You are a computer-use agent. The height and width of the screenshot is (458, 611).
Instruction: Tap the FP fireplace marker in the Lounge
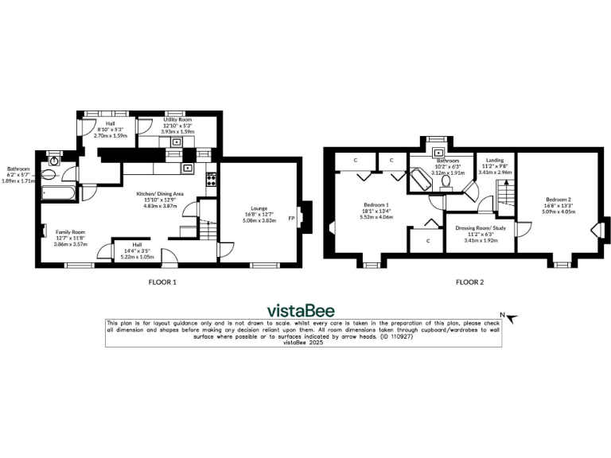[x=292, y=218]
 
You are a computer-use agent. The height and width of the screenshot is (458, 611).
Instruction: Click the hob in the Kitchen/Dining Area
[x=211, y=178]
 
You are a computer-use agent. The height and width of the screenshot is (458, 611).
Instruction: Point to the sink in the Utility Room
[x=178, y=142]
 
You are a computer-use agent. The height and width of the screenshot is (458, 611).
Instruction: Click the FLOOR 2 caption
[x=469, y=281]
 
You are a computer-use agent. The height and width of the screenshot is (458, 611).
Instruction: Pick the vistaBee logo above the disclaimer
[x=300, y=310]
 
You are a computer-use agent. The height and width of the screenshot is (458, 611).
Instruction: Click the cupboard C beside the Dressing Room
[x=428, y=240]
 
